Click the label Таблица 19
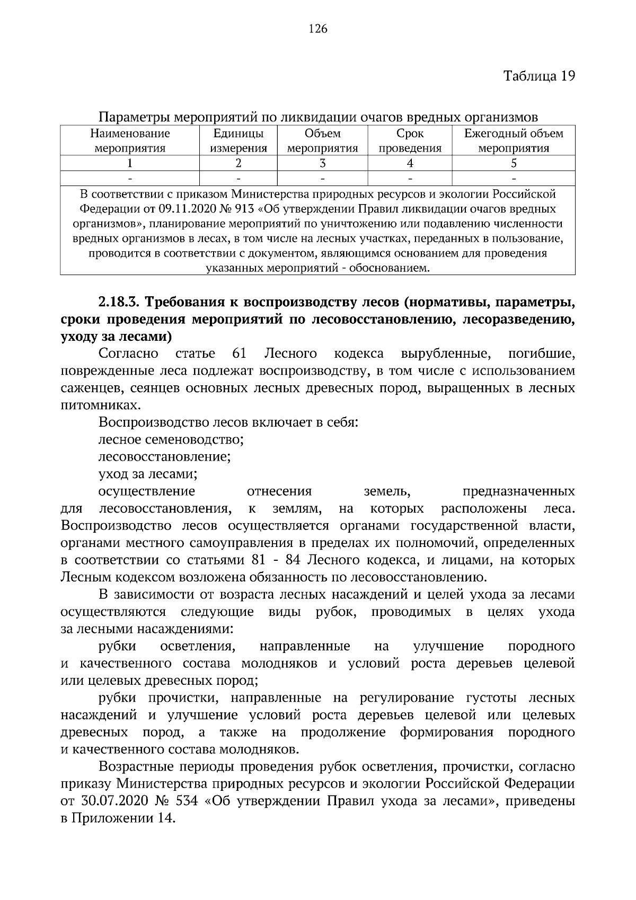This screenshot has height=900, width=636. tap(538, 76)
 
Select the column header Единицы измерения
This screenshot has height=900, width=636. tap(238, 141)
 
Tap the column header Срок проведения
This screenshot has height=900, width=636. tap(410, 141)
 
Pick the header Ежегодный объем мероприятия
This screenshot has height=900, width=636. tap(513, 141)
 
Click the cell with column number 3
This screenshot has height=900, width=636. tap(322, 163)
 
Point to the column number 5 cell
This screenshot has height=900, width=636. tap(513, 163)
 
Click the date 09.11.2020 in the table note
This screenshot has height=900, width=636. tap(188, 208)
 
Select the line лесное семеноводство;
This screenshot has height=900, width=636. tap(171, 439)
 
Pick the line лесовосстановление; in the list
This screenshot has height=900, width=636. tap(164, 456)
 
